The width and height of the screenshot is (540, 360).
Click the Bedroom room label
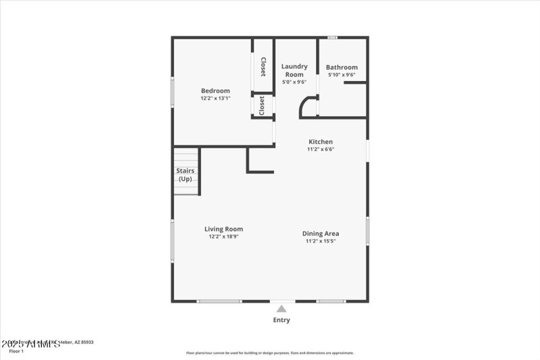point(215,91)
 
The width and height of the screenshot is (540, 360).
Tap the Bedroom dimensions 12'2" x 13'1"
point(215,99)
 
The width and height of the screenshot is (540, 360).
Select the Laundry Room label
point(294,70)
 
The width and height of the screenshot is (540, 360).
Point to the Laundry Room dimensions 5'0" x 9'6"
point(294,82)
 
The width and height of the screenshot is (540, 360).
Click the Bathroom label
point(342,68)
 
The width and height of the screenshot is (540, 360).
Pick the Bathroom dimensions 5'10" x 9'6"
point(342,75)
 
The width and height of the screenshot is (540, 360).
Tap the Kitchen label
point(321,142)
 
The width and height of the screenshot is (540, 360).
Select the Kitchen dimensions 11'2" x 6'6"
point(321,149)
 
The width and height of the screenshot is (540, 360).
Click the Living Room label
point(223,229)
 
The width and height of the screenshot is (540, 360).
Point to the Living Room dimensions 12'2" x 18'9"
point(223,237)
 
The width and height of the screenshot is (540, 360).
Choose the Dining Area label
point(320,234)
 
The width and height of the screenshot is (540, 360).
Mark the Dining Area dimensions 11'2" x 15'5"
point(320,241)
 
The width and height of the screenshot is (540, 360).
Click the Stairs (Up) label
point(185,175)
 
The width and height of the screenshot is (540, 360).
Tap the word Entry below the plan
point(281,320)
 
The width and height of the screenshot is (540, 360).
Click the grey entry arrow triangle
point(281,309)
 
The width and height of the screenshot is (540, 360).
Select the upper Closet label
point(263,67)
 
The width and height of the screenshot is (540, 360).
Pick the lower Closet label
point(262,106)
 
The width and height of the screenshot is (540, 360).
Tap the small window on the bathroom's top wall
point(332,37)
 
